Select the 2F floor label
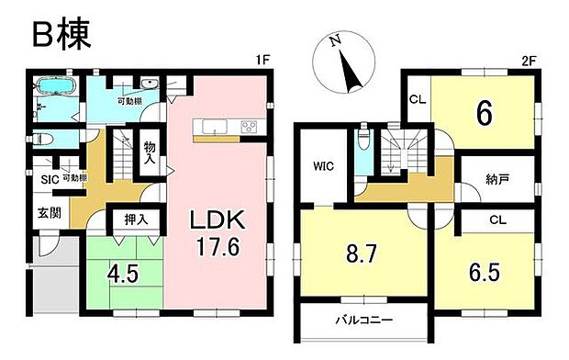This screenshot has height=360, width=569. [528, 62]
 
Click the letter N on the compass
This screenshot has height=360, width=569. [337, 41]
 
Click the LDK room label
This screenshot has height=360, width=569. [216, 221]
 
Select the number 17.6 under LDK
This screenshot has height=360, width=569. [216, 247]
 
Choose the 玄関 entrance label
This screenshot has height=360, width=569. [49, 214]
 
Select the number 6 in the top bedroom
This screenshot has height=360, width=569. [484, 114]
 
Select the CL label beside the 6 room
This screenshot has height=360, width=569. [415, 98]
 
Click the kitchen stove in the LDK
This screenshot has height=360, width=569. [247, 127]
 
